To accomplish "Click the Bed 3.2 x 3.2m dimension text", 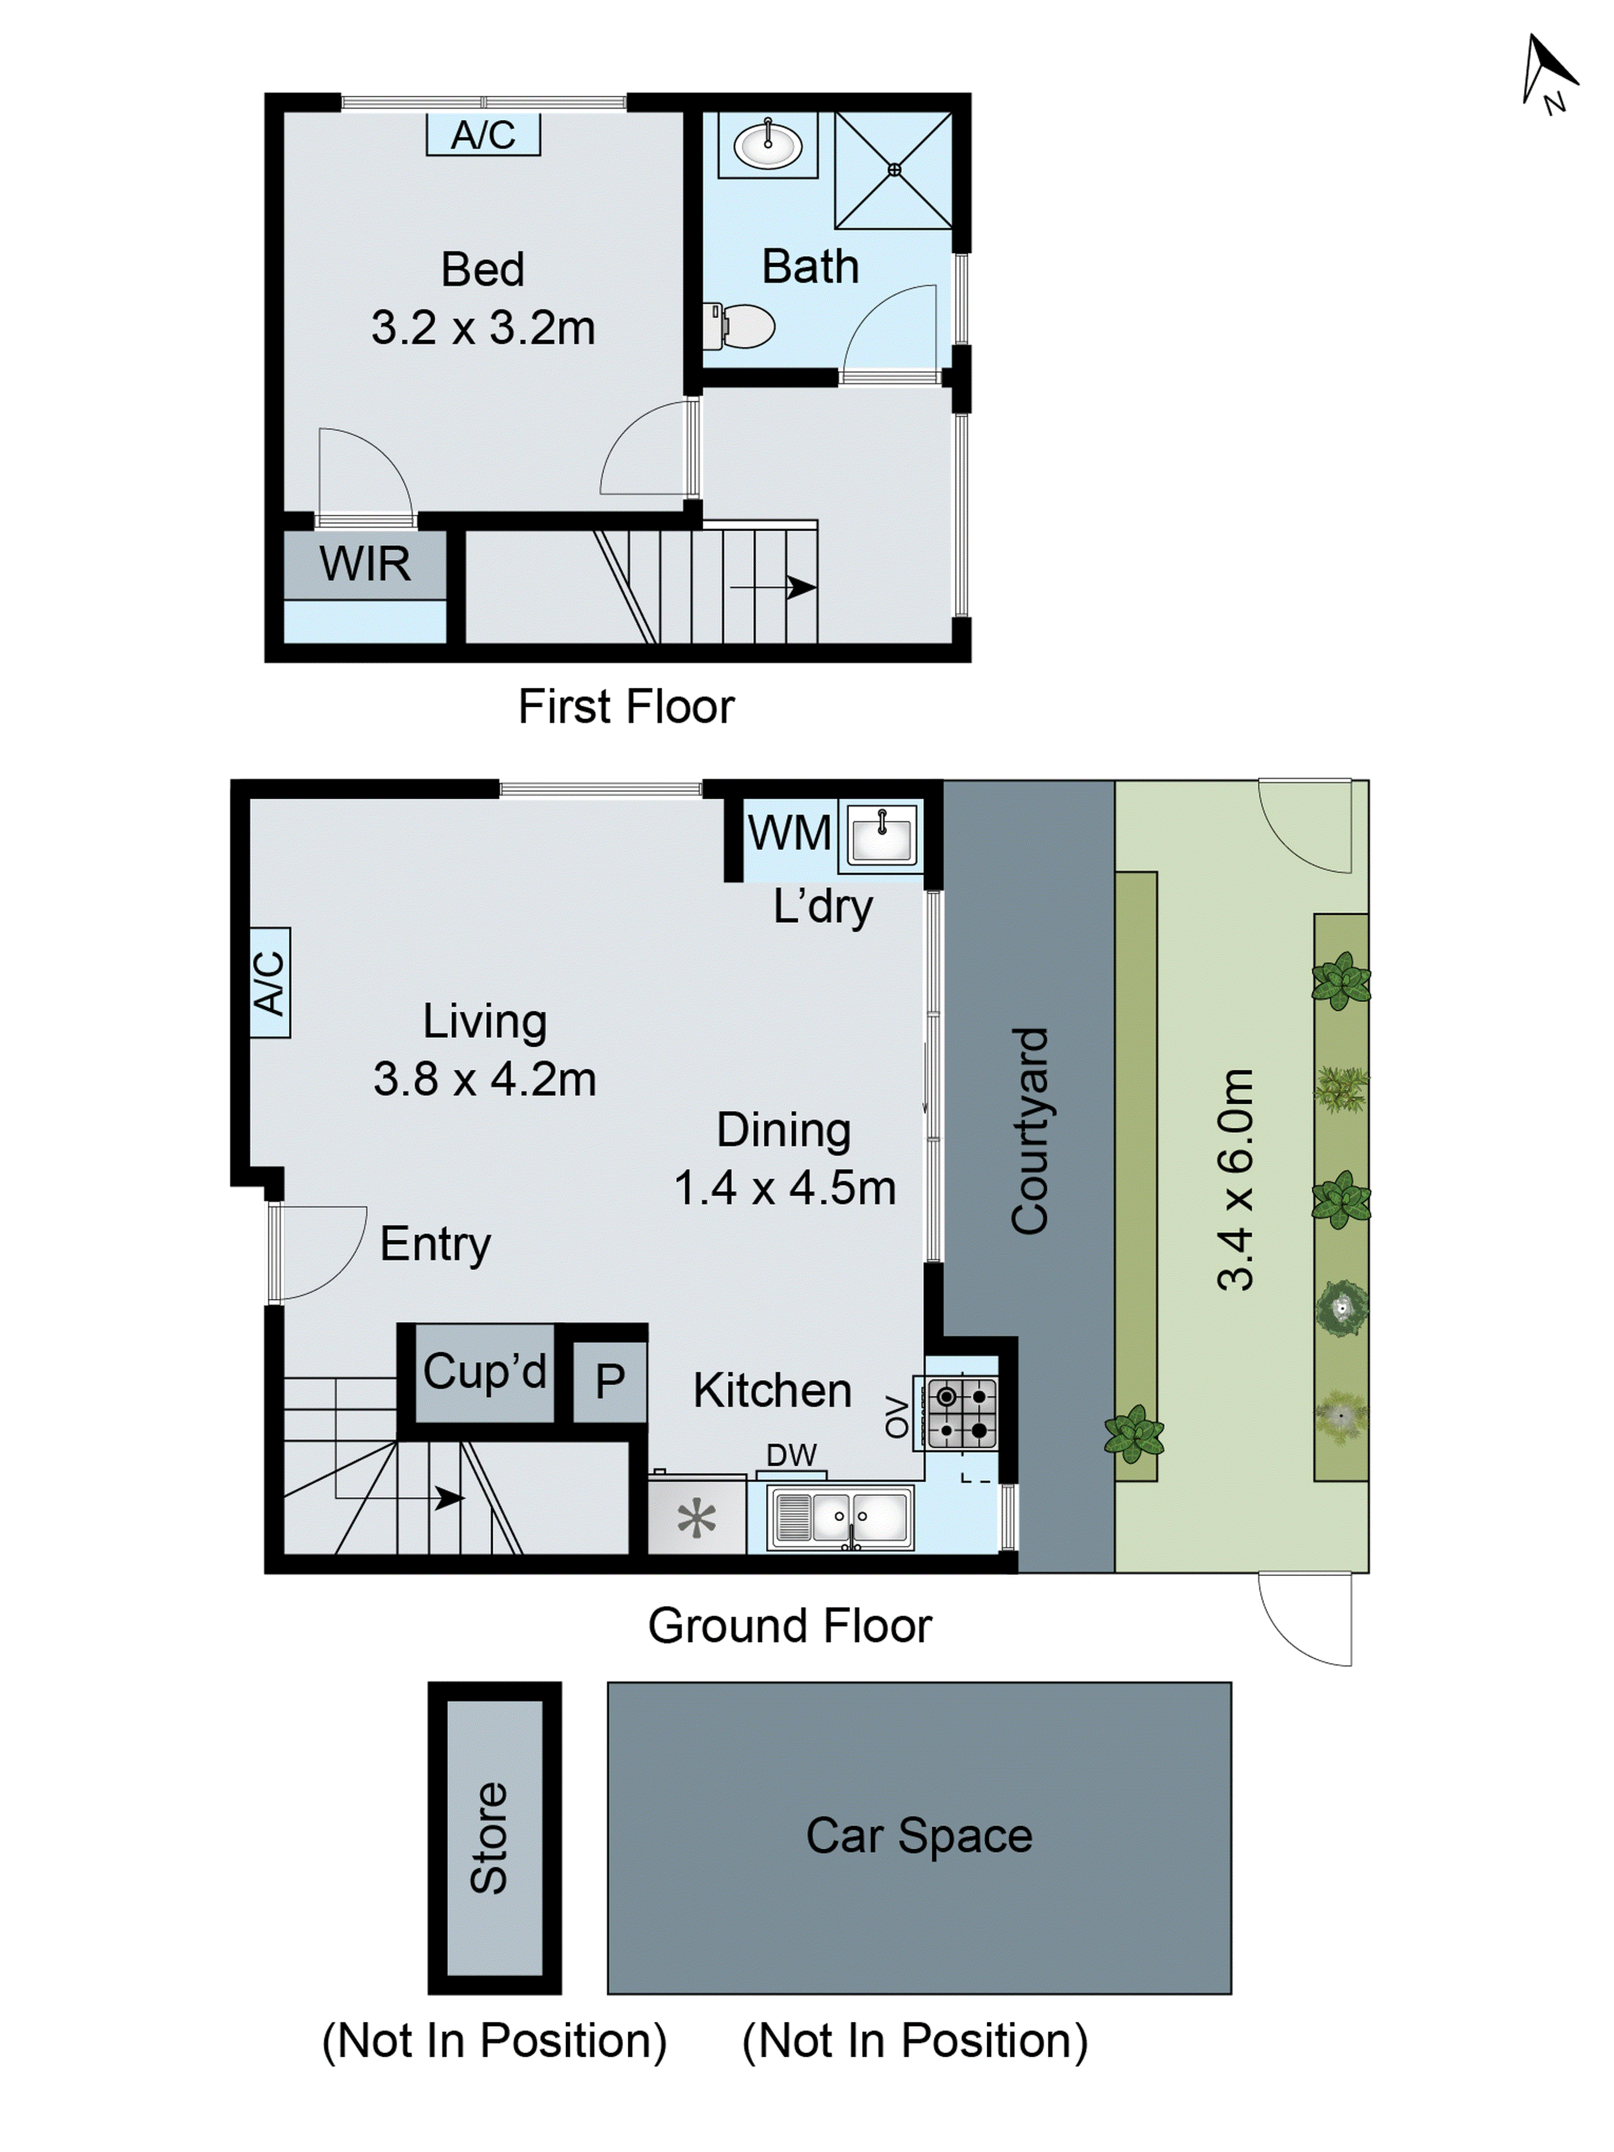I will (x=483, y=327).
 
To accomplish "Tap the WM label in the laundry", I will (x=789, y=833).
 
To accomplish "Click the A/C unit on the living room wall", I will (x=270, y=983).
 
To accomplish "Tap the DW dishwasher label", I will (x=791, y=1455).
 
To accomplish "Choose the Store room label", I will (x=490, y=1837).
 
